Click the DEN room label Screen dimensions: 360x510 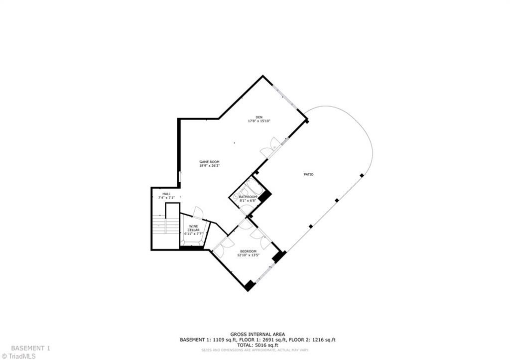point(259,117)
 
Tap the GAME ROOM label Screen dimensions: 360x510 point(209,162)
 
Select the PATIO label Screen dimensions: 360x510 point(309,174)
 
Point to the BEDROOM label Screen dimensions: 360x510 point(248,251)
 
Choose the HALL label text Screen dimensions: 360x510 point(166,194)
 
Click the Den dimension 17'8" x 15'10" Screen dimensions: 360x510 point(259,121)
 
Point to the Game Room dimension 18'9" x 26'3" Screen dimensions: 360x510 point(209,166)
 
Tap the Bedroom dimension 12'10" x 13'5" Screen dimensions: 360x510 point(248,255)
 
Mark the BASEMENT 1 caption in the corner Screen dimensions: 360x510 point(30,348)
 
